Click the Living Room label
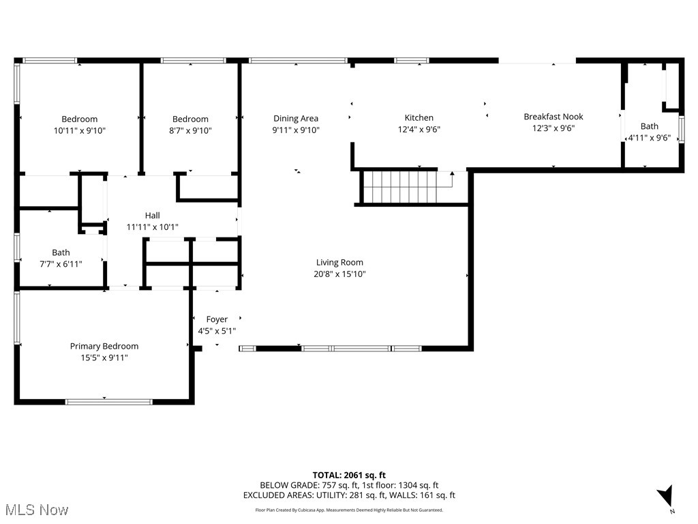(x=339, y=262)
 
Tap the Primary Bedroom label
(x=104, y=346)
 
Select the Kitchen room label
(x=419, y=117)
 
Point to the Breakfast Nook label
(x=553, y=117)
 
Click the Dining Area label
(x=296, y=118)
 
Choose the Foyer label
(x=217, y=319)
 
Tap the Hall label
(x=152, y=215)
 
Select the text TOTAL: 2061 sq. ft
(x=349, y=475)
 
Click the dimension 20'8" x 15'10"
(x=339, y=274)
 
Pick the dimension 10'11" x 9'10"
(x=80, y=130)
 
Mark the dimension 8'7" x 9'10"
(x=190, y=130)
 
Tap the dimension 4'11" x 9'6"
(x=649, y=138)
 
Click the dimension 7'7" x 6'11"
(x=61, y=264)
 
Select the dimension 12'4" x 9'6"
(x=419, y=129)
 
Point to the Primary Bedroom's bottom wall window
(x=104, y=401)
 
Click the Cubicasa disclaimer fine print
(x=349, y=510)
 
